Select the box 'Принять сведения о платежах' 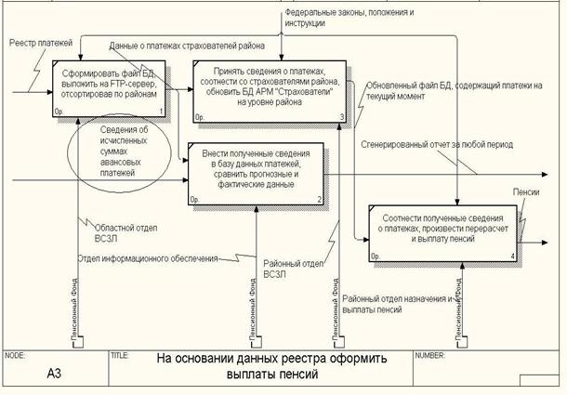(x=269, y=88)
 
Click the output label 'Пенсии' (x=527, y=191)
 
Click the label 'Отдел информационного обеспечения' (x=147, y=257)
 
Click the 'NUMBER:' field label (x=431, y=354)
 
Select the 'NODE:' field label (x=16, y=354)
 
